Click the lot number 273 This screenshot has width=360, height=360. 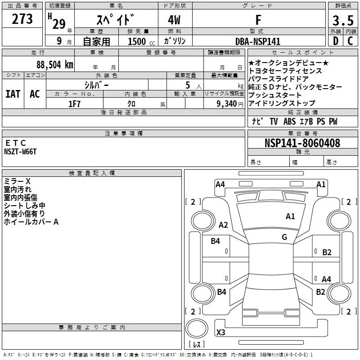tap(22, 19)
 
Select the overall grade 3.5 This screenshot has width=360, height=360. tap(343, 20)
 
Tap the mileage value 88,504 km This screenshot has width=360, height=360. tap(55, 65)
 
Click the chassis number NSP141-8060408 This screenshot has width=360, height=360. tap(302, 143)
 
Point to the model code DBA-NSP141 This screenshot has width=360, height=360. tap(258, 41)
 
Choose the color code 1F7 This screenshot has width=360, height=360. tap(74, 104)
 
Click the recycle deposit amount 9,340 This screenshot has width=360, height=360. tap(227, 104)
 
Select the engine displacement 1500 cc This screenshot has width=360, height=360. tap(141, 41)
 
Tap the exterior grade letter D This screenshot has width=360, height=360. tap(336, 41)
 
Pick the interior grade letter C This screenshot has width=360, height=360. tap(350, 41)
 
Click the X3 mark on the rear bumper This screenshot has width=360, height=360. tap(220, 332)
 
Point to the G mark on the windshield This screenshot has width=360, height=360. tap(284, 237)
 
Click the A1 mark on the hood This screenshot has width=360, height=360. tap(290, 216)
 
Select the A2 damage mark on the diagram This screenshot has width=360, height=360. tap(223, 225)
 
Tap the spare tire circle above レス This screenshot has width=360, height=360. tap(197, 328)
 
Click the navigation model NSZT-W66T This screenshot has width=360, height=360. tap(20, 152)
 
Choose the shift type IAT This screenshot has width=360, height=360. tap(13, 94)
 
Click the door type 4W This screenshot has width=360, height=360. tap(174, 20)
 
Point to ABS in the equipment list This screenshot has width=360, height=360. tap(289, 121)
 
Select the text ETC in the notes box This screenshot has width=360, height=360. tap(15, 143)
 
